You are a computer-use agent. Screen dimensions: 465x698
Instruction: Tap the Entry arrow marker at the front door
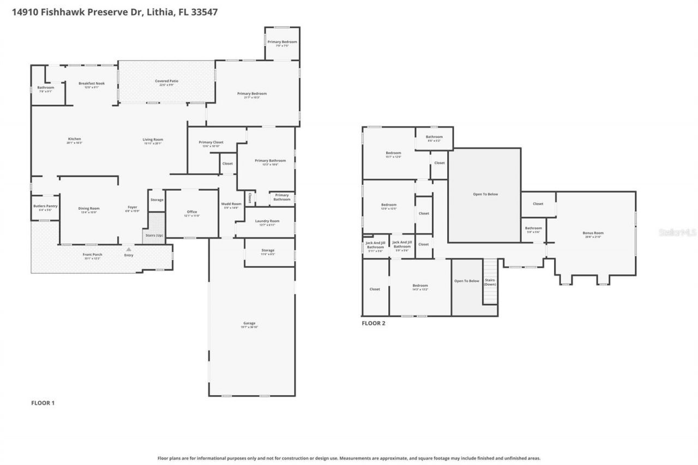point(129,249)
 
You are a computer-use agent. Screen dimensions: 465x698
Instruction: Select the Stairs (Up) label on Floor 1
point(153,235)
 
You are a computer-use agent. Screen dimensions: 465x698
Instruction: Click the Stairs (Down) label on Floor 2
point(490,282)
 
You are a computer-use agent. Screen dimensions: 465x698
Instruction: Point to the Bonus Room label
point(593,234)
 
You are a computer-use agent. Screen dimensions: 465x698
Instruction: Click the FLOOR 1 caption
point(43,403)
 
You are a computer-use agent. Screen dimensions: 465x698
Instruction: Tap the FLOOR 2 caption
point(374,323)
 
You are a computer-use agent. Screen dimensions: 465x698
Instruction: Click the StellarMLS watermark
point(677,232)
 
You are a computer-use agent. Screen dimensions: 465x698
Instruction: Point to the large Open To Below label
point(485,195)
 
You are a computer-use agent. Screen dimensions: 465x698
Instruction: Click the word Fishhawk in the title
point(57,12)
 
